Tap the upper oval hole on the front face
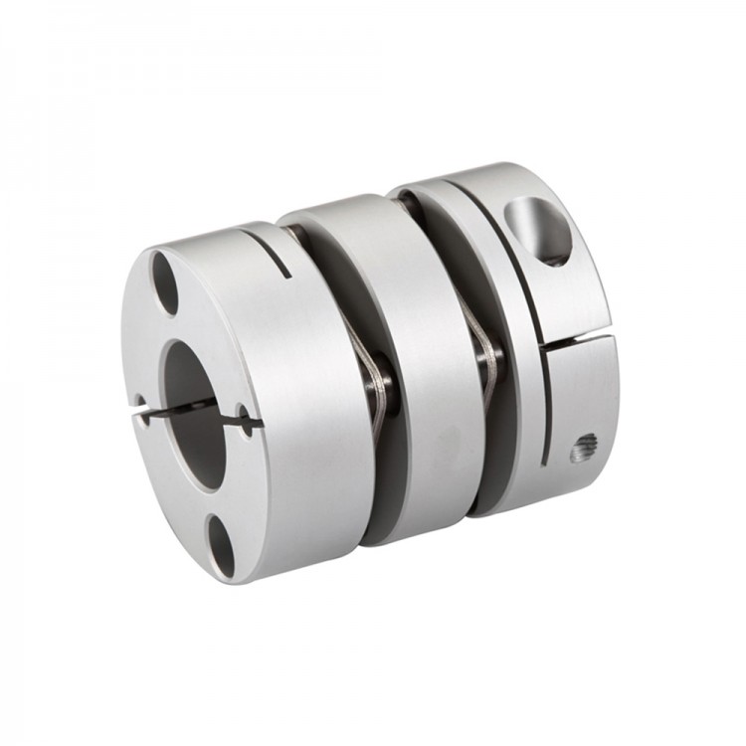point(165,283)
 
